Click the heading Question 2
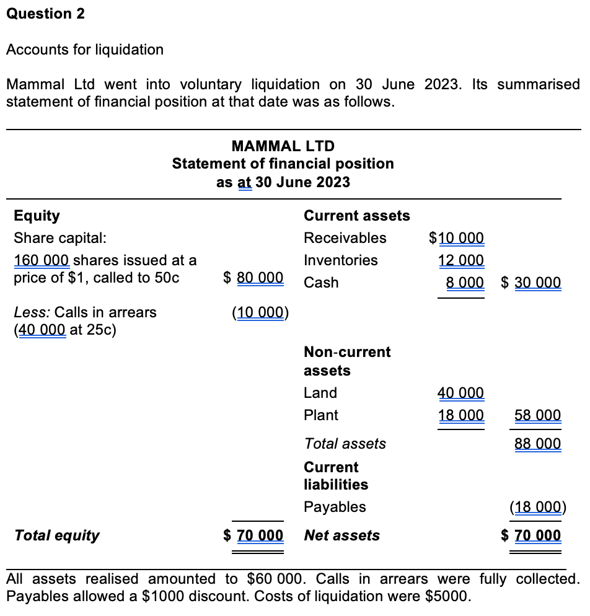45,14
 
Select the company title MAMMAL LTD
283,146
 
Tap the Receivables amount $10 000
457,238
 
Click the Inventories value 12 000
461,260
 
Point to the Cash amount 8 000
465,283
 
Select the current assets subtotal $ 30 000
531,283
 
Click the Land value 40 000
460,393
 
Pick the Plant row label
321,415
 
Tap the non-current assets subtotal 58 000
537,415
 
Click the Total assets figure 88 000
537,444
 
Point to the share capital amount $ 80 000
253,278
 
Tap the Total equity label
56,535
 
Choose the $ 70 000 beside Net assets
531,535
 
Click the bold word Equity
37,216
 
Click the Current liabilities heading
335,476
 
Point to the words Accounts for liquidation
85,50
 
